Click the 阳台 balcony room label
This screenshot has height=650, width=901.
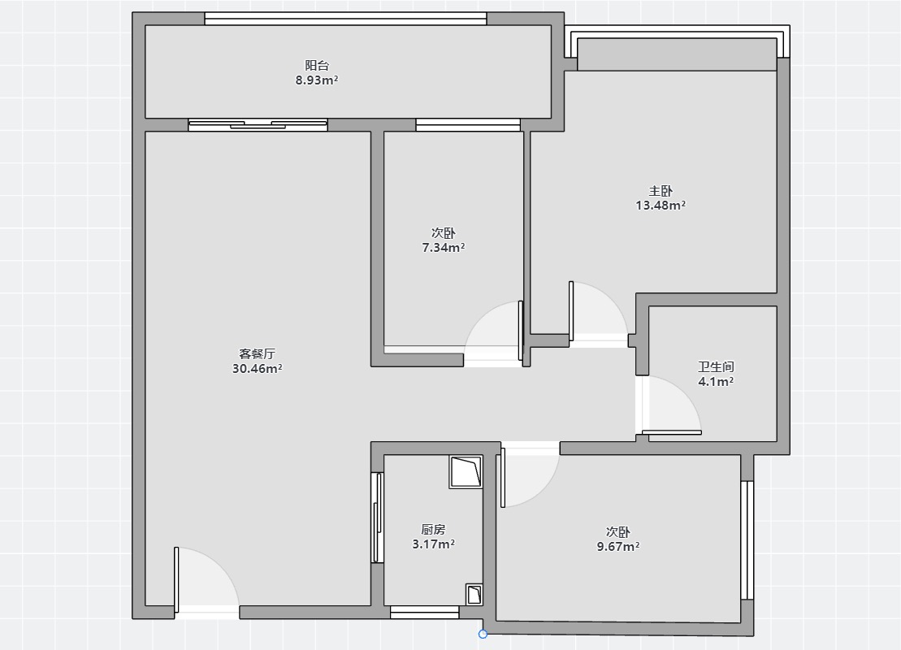pos(317,66)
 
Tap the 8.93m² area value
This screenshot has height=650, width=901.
pos(317,80)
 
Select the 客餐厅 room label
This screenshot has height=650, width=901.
pos(257,354)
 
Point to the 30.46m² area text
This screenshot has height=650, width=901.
pos(257,368)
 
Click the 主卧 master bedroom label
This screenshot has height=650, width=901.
pos(661,191)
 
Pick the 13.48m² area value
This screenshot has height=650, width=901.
pos(661,206)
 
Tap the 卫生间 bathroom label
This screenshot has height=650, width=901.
pos(716,366)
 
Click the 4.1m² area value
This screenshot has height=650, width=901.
pos(716,381)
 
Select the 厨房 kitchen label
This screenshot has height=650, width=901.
pos(433,529)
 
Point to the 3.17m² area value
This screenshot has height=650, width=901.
pos(433,544)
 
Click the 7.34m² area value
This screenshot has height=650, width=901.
pos(444,248)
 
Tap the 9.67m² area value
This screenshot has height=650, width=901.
pos(618,547)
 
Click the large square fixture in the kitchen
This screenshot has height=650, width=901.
pos(466,472)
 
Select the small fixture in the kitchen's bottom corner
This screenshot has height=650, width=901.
pos(474,595)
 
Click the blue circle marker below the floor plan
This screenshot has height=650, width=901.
pos(483,634)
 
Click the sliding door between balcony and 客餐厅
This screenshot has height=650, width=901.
pos(258,124)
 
